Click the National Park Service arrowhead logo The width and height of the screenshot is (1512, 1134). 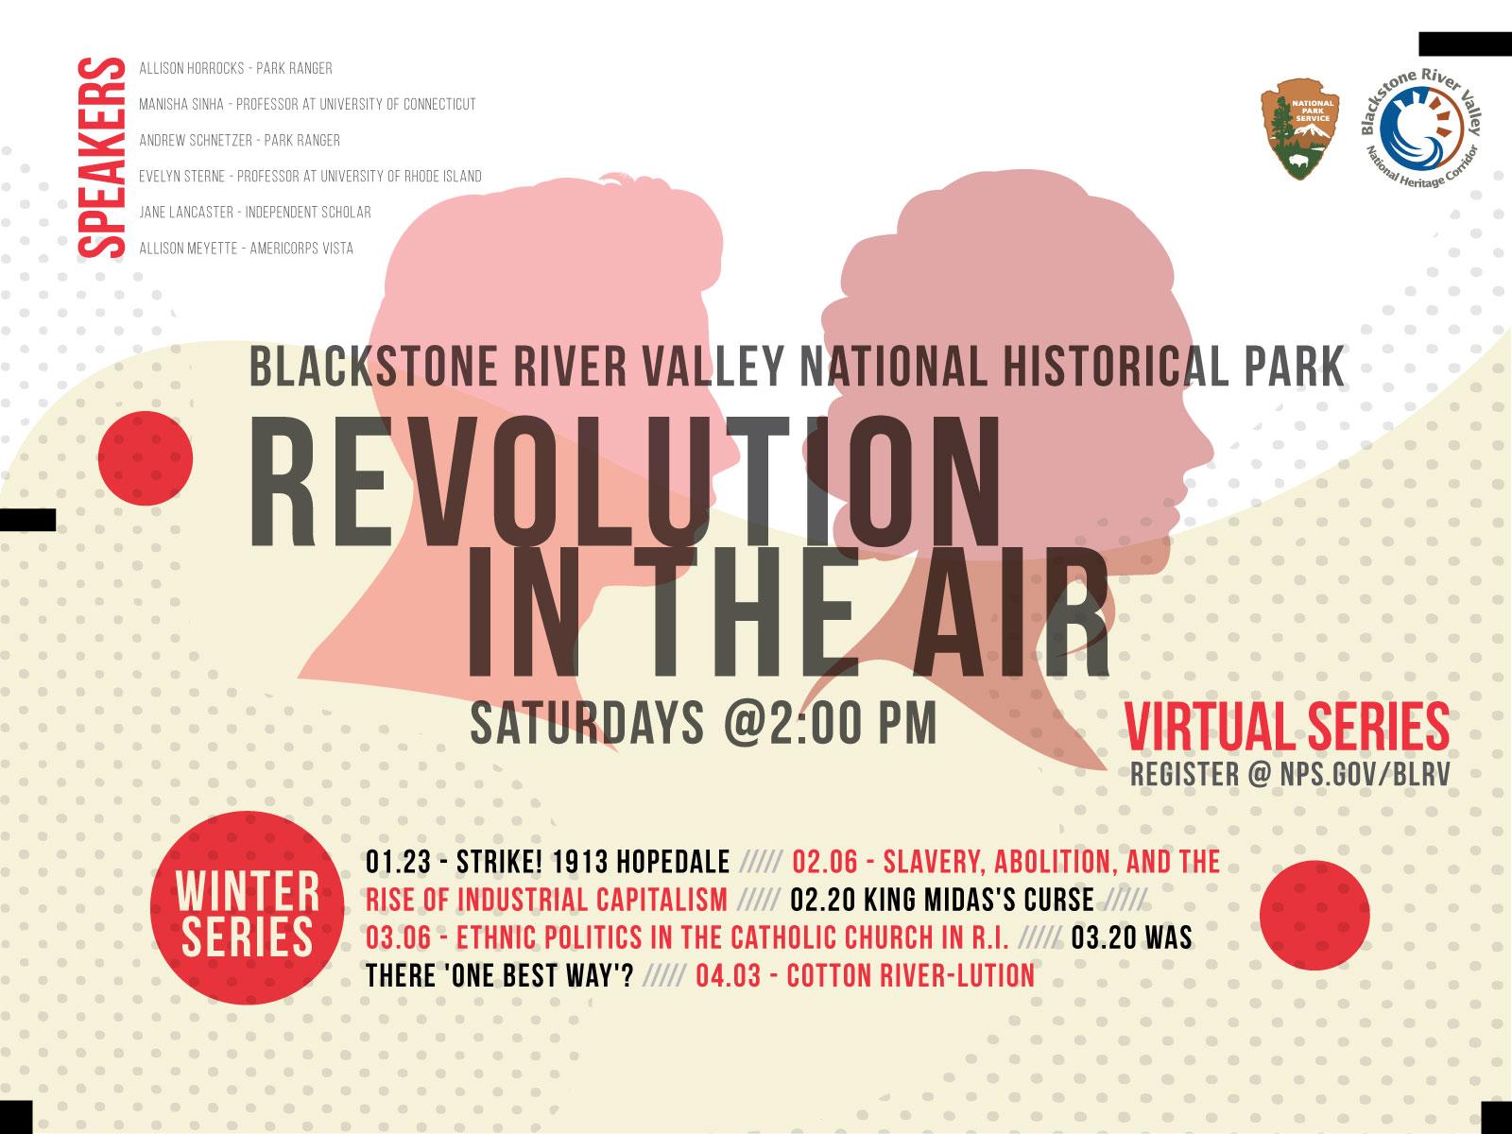pyautogui.click(x=1299, y=129)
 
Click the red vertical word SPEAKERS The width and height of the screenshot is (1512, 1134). pyautogui.click(x=101, y=158)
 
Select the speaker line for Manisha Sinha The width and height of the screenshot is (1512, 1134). pyautogui.click(x=307, y=105)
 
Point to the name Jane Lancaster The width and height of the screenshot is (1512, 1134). pyautogui.click(x=186, y=212)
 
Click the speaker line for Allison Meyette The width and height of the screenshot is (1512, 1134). pyautogui.click(x=246, y=248)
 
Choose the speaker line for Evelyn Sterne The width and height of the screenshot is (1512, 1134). pyautogui.click(x=310, y=177)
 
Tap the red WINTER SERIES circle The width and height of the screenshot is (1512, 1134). pyautogui.click(x=248, y=907)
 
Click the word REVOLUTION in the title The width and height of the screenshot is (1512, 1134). pyautogui.click(x=625, y=481)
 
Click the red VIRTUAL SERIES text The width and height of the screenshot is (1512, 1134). pyautogui.click(x=1287, y=727)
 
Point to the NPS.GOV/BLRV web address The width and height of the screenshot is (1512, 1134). pyautogui.click(x=1366, y=775)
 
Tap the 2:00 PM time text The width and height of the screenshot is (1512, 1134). pyautogui.click(x=853, y=722)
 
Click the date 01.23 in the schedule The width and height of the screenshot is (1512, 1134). pyautogui.click(x=398, y=862)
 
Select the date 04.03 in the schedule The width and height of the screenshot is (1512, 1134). pyautogui.click(x=728, y=975)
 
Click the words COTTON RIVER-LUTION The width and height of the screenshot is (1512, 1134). pyautogui.click(x=911, y=975)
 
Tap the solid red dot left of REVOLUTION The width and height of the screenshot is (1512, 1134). pyautogui.click(x=146, y=458)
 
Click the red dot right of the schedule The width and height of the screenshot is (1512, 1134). pyautogui.click(x=1315, y=915)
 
